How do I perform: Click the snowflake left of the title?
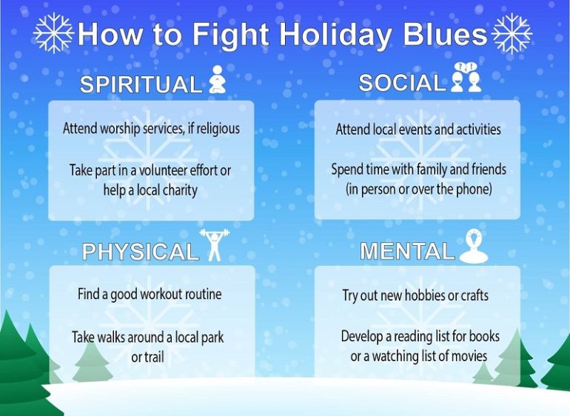(x=54, y=33)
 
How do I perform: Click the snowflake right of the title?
(x=512, y=33)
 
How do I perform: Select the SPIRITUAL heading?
(x=141, y=84)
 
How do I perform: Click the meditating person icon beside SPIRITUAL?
(x=216, y=80)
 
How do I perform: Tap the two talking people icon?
(x=466, y=78)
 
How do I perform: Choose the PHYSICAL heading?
(x=141, y=252)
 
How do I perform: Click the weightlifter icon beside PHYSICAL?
(x=213, y=245)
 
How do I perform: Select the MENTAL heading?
(x=407, y=252)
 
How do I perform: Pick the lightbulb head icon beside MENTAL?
(x=473, y=246)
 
